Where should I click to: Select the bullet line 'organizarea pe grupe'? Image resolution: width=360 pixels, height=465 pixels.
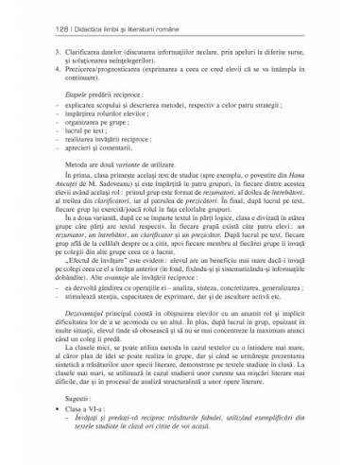point(94,133)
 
